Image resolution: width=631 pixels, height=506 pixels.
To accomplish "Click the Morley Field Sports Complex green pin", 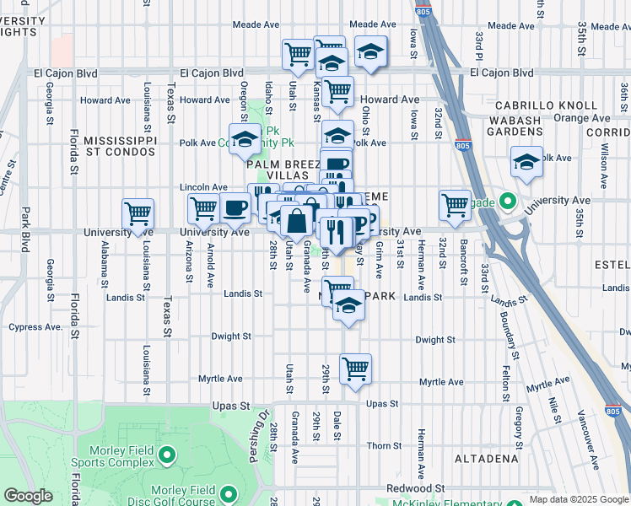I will [166, 456].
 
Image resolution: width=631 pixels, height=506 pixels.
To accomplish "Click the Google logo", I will [28, 496].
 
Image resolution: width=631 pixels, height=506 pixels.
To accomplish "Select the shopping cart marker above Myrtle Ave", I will [356, 369].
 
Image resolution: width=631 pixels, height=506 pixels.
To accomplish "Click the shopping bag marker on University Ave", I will [297, 221].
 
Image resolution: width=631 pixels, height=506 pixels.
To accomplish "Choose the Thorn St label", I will [384, 445].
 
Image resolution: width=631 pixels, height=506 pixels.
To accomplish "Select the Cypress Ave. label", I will [35, 327].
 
